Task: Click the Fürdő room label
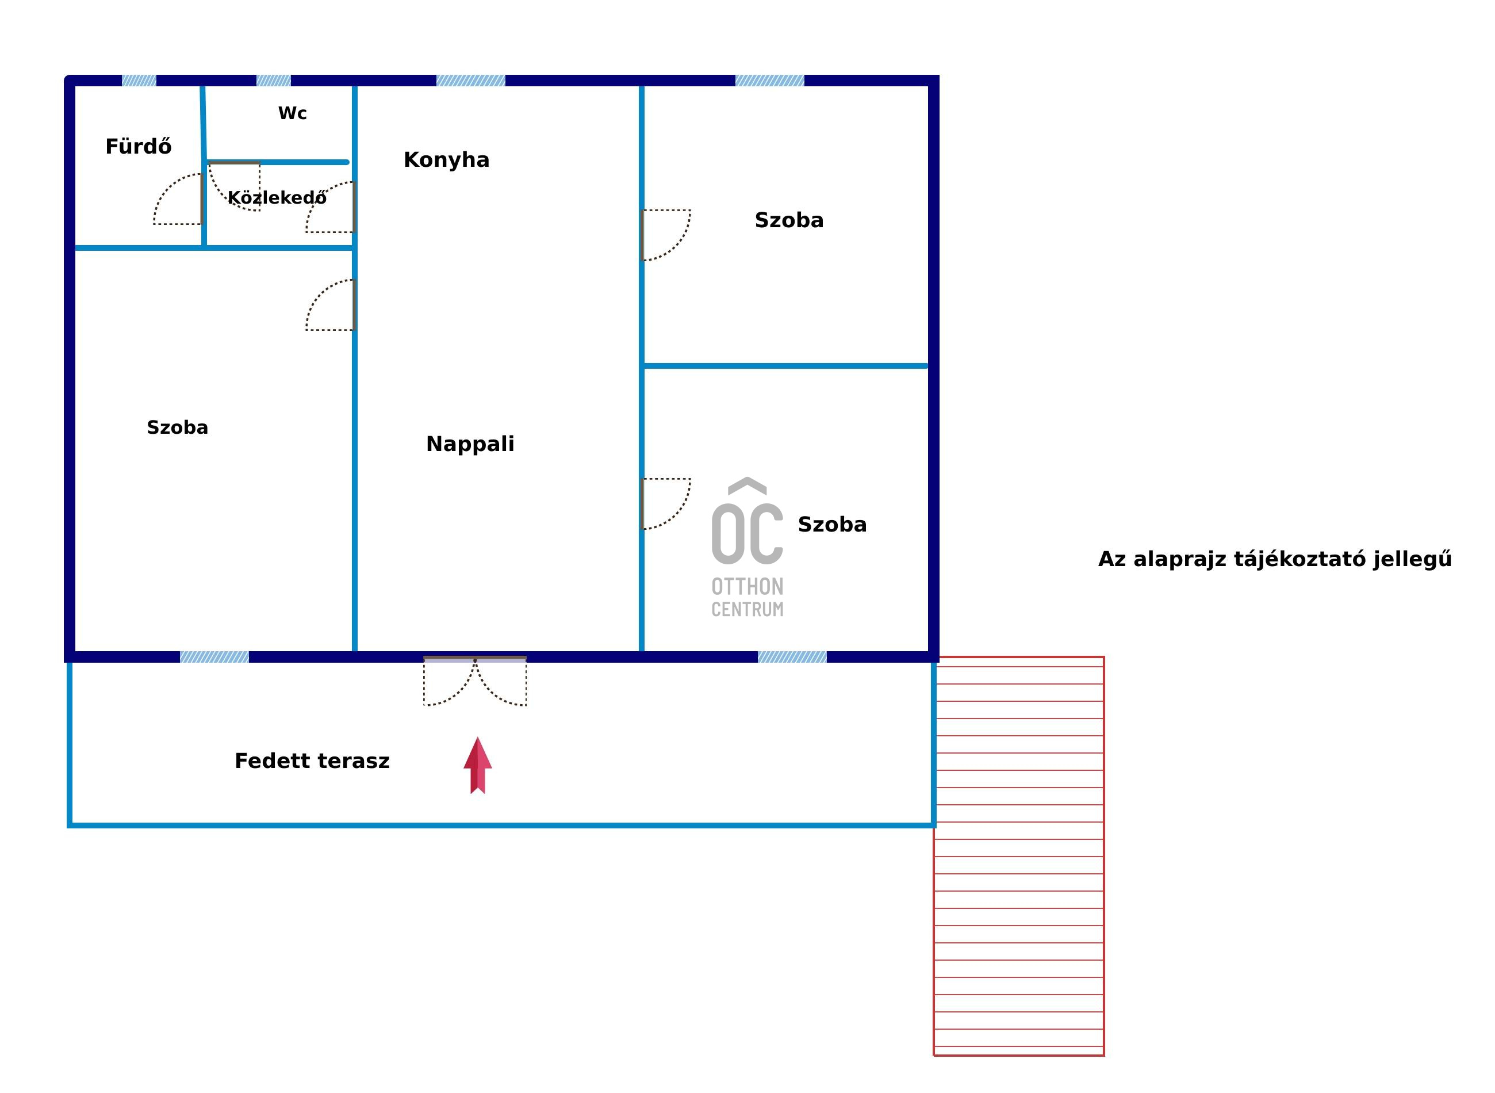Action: [138, 146]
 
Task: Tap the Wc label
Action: [292, 113]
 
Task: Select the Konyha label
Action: [446, 159]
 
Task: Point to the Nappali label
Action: [470, 444]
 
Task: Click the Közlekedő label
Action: [277, 197]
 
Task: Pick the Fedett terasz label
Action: [312, 761]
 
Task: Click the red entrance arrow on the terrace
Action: [477, 766]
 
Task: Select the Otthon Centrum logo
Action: [747, 547]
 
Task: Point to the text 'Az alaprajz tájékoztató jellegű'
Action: [1275, 559]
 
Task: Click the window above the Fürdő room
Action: [139, 81]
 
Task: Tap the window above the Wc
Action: [274, 81]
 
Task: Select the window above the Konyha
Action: [471, 81]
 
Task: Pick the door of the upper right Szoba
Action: [666, 235]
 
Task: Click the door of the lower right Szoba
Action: [666, 503]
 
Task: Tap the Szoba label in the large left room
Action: [177, 427]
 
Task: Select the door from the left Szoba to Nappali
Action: [331, 304]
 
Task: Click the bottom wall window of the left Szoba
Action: [215, 657]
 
